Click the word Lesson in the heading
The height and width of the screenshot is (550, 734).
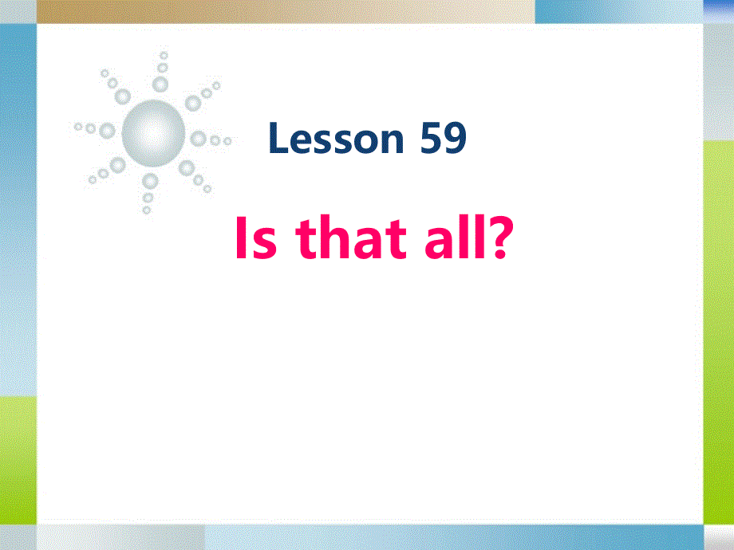pos(337,139)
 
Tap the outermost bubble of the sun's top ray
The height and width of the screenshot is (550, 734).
pos(164,56)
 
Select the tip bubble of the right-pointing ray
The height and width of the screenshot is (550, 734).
pos(227,142)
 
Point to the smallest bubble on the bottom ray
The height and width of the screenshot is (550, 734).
pos(146,210)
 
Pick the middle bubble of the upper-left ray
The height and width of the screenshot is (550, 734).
pos(113,83)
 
